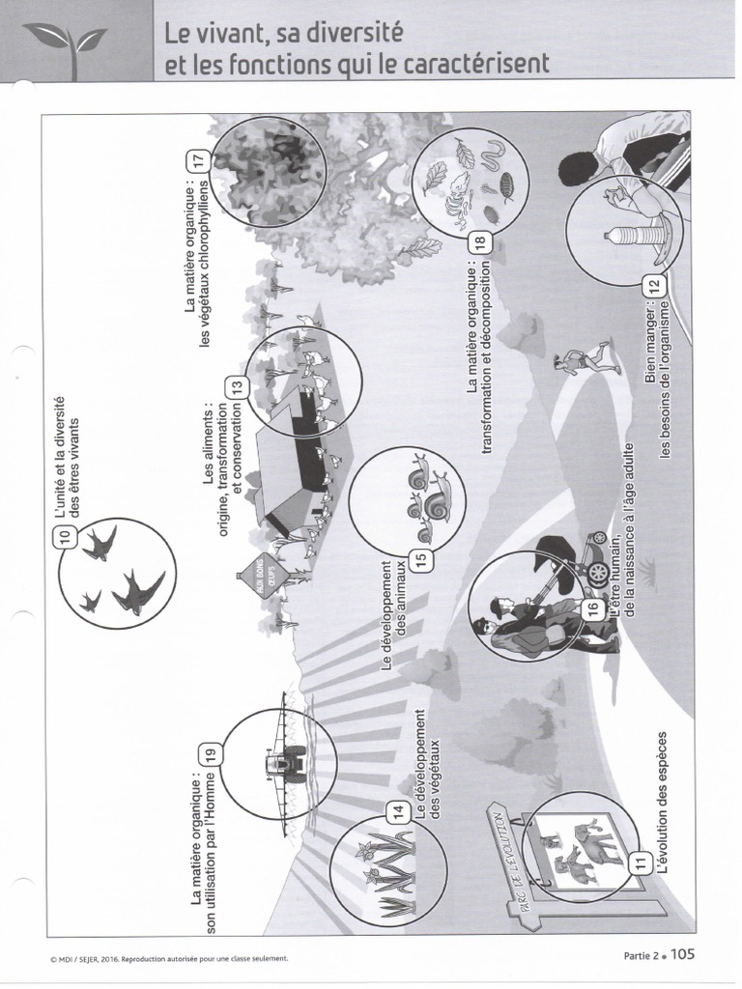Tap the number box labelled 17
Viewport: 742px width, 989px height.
201,161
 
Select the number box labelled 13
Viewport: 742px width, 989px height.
236,387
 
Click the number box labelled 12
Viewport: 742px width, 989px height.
654,286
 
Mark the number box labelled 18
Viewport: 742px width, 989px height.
483,241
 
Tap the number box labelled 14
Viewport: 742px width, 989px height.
398,811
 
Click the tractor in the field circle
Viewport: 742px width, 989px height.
285,763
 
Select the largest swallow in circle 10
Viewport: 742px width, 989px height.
140,591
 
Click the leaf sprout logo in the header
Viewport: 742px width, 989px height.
65,39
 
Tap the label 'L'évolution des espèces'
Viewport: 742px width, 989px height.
662,811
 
